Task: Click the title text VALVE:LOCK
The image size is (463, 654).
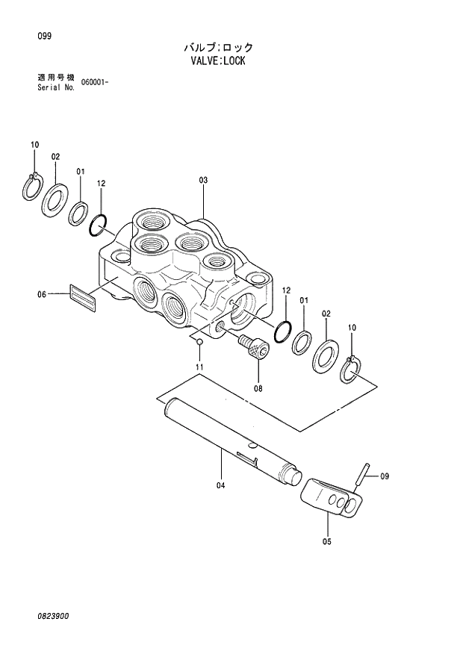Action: point(218,61)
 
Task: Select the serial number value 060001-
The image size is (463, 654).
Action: point(95,81)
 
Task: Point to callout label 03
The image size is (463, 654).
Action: point(202,180)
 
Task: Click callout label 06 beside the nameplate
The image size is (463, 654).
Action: point(43,294)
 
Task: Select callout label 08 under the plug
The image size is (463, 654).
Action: point(258,387)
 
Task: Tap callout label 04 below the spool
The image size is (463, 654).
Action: point(220,486)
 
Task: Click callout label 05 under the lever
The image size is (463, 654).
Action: point(326,541)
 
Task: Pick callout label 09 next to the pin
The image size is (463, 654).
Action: point(385,476)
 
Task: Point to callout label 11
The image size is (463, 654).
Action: point(199,367)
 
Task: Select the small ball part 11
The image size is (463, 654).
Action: point(199,342)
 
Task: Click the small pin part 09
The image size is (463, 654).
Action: point(364,473)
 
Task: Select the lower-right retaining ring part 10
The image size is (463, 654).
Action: point(352,369)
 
